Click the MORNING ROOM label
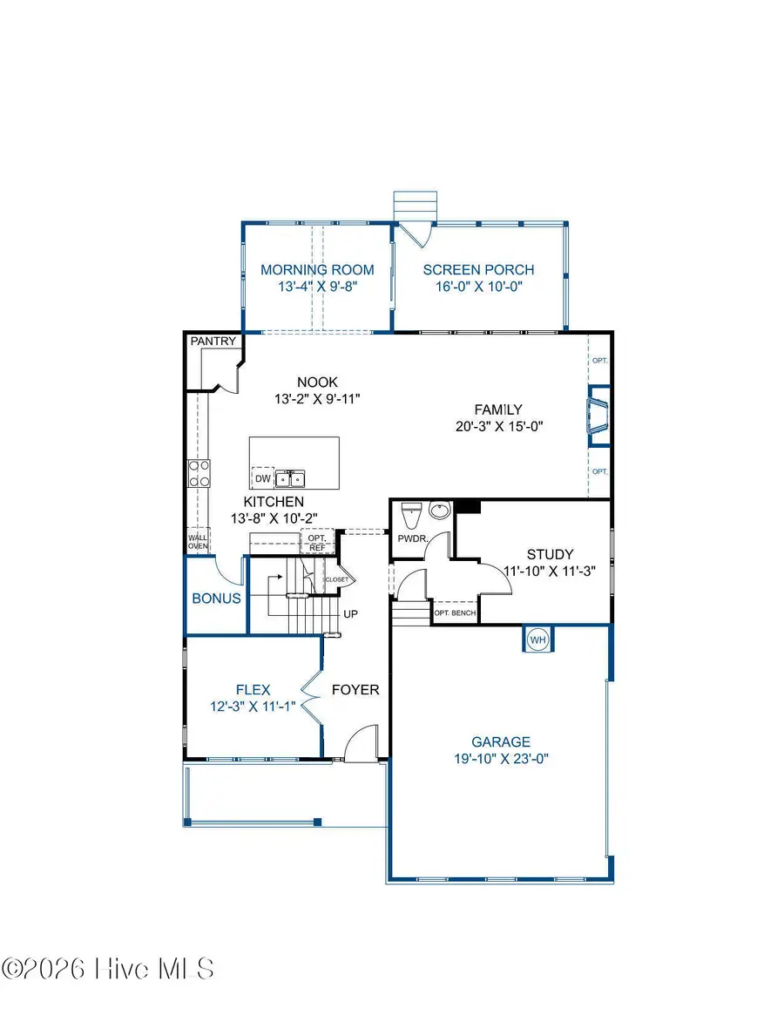[317, 270]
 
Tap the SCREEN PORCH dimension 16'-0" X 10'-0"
[478, 287]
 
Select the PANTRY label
[213, 342]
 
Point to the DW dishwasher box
[262, 478]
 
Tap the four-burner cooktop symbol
[199, 473]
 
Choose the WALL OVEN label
[199, 542]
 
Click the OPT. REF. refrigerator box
[317, 542]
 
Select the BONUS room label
[216, 599]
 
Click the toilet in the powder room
[410, 512]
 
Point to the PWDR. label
[412, 539]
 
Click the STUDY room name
[550, 554]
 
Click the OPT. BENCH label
[455, 612]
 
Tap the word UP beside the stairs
[351, 613]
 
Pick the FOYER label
[355, 690]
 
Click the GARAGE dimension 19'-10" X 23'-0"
[500, 758]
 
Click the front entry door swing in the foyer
[361, 745]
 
